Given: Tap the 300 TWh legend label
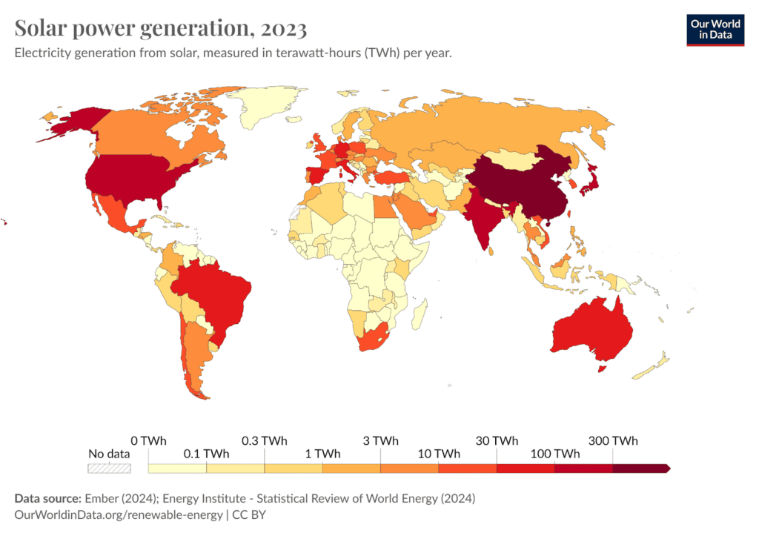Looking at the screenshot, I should [x=612, y=440].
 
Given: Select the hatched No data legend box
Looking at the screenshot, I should [x=109, y=468].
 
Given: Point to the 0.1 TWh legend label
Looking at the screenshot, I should [x=205, y=454].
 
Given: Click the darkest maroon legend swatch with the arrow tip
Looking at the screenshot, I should [x=642, y=468].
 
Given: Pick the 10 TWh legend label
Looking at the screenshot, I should [x=439, y=454].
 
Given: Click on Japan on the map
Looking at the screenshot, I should [x=588, y=182].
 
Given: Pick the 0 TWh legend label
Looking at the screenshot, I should [x=148, y=440].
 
